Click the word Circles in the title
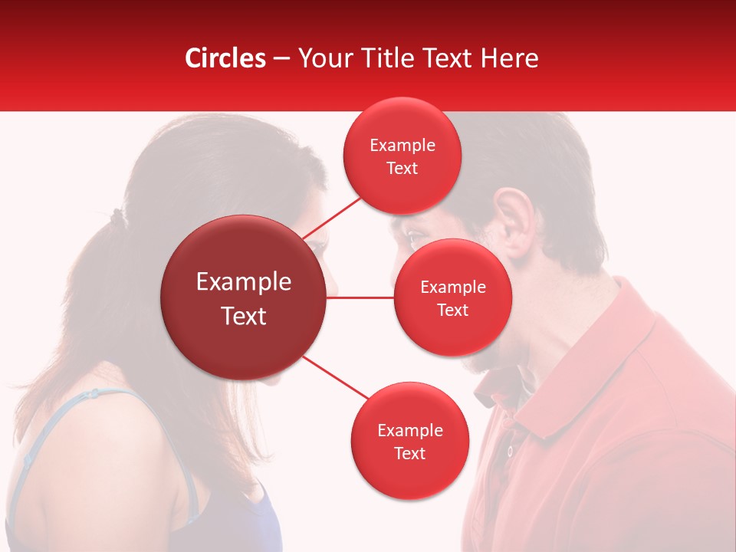click(225, 58)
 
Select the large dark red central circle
click(244, 297)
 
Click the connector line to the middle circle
click(360, 297)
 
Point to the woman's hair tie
click(117, 217)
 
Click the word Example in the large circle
click(244, 282)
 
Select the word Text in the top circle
click(402, 168)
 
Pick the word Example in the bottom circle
click(409, 430)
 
